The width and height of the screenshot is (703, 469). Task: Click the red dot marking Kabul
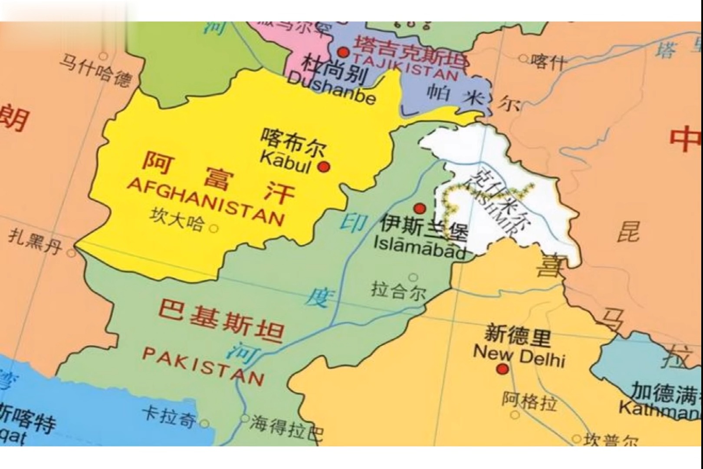click(x=324, y=166)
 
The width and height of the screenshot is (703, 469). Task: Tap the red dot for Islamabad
click(x=419, y=208)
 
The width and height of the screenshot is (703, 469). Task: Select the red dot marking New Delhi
click(x=503, y=370)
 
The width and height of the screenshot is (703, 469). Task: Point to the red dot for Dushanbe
click(x=343, y=53)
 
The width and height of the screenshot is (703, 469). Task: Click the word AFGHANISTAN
click(x=206, y=201)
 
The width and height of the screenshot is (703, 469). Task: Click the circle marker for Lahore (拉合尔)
click(x=413, y=277)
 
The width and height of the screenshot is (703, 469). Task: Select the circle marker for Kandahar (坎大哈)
click(x=214, y=228)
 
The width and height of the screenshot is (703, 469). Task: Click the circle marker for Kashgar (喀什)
click(x=523, y=59)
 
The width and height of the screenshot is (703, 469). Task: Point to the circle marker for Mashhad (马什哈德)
click(x=103, y=56)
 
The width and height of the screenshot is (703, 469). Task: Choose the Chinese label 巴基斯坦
click(x=221, y=320)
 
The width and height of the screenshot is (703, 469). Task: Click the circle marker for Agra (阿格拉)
click(x=515, y=415)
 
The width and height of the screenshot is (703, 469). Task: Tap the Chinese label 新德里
click(x=517, y=335)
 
